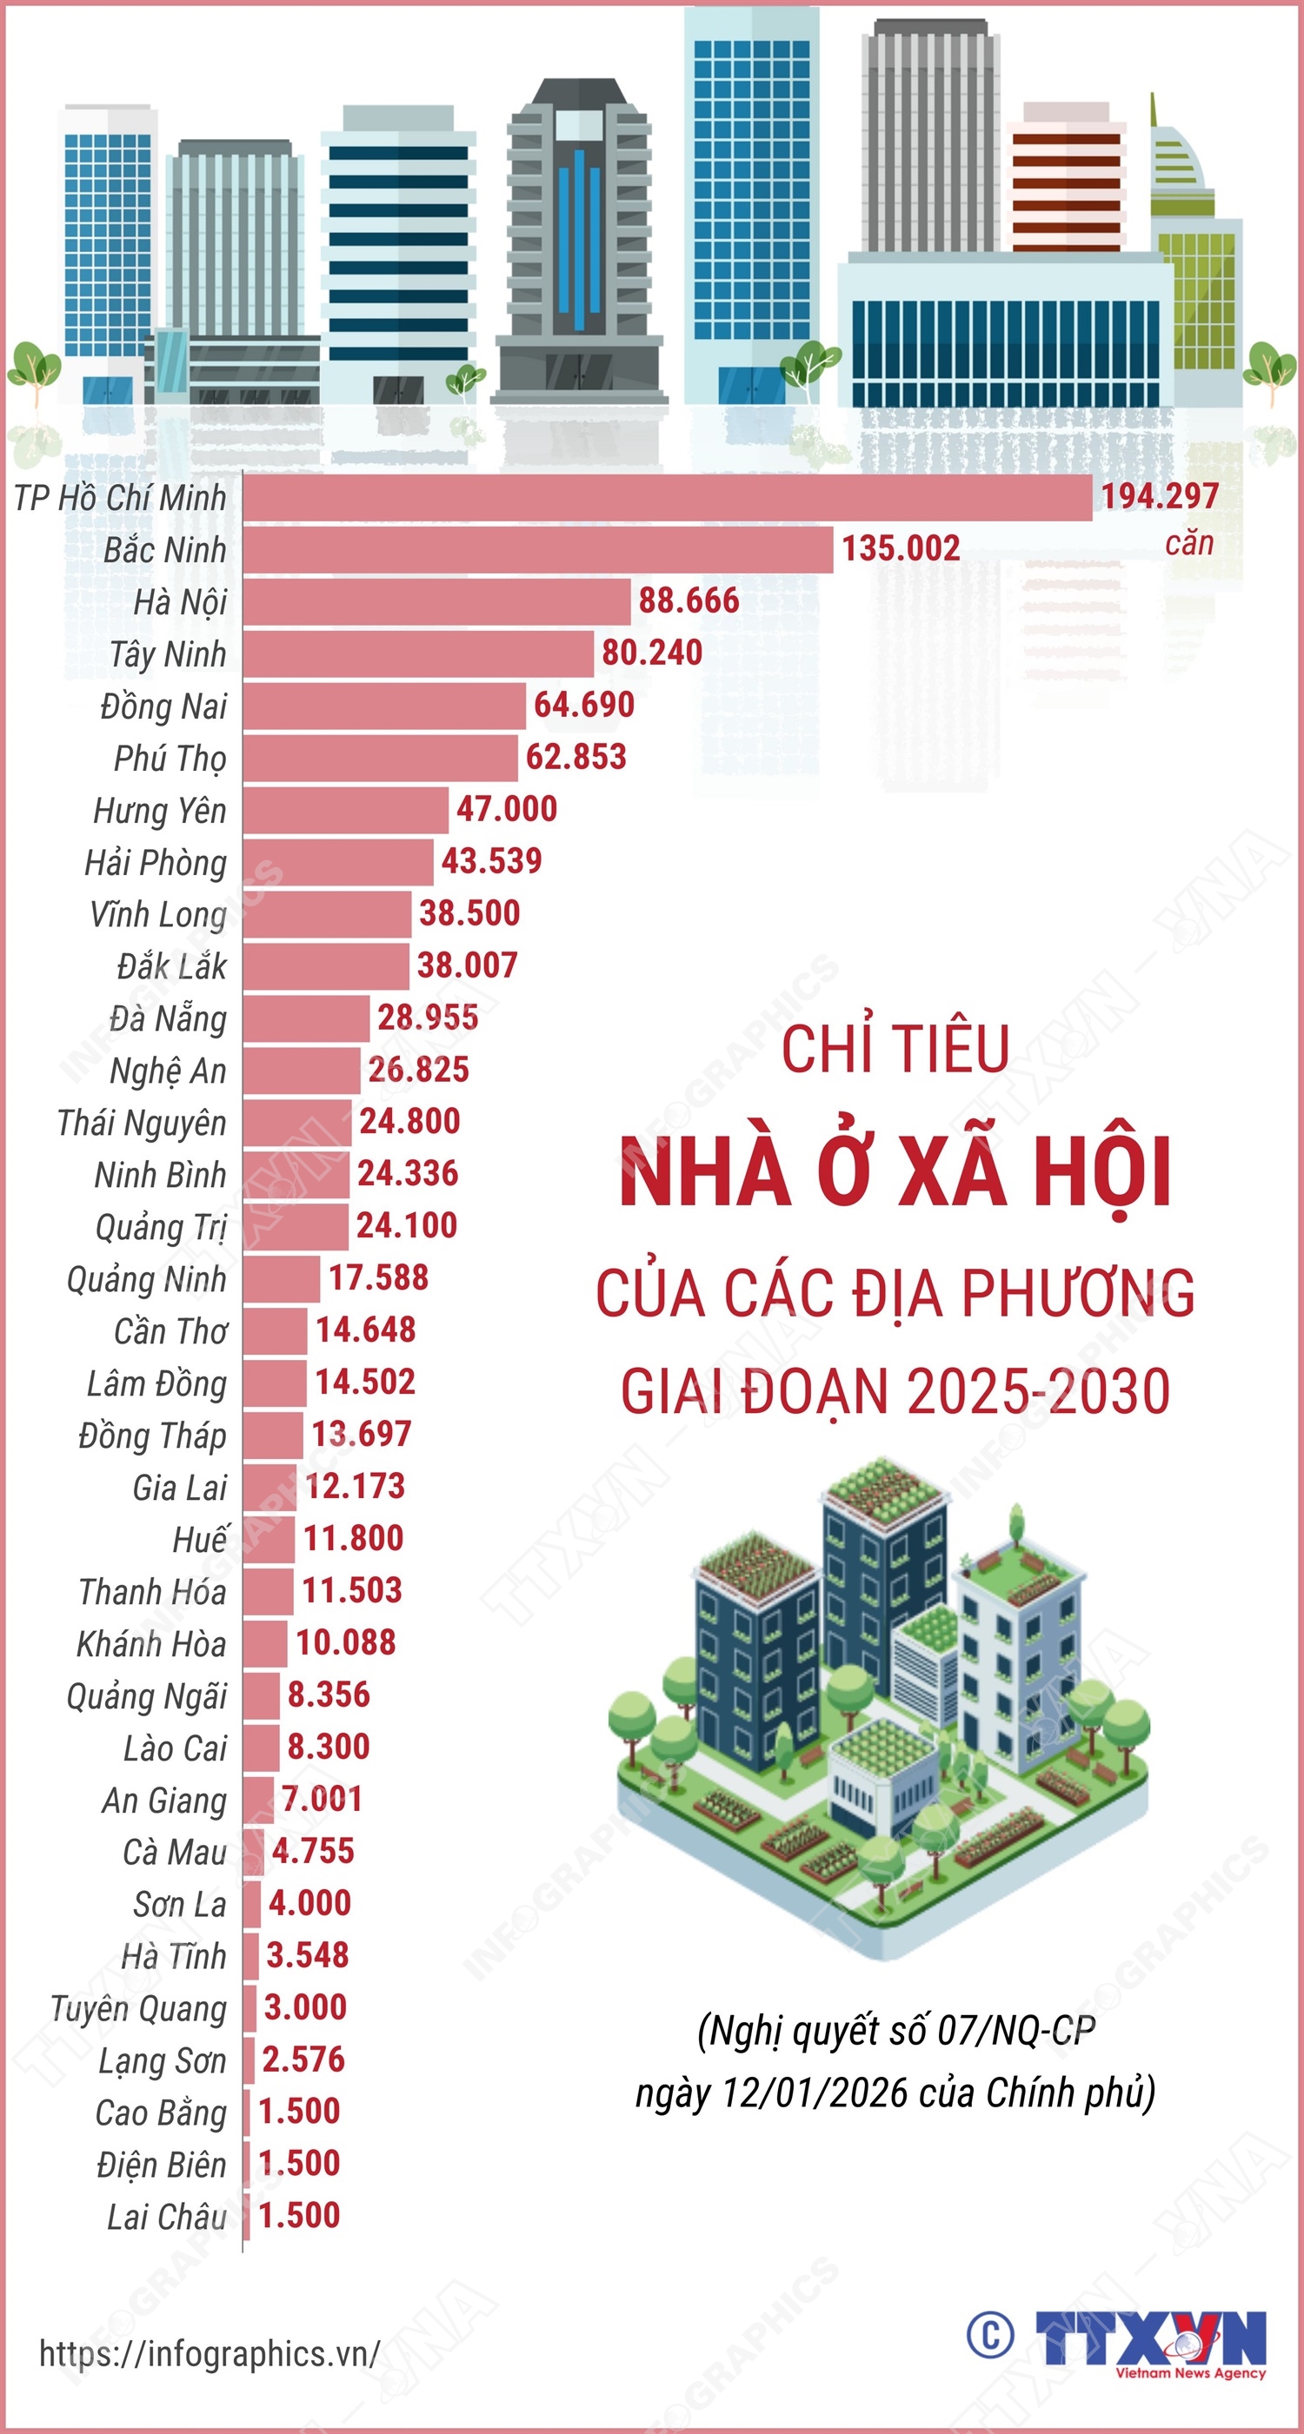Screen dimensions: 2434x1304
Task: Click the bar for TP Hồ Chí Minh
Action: [666, 497]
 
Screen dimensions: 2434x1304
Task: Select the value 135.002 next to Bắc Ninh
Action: [901, 549]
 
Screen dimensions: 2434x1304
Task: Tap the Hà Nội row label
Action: [180, 602]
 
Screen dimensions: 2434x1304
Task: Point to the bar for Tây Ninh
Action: [417, 653]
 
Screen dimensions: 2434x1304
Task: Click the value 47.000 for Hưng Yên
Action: [507, 809]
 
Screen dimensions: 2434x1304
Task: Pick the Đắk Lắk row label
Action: [171, 966]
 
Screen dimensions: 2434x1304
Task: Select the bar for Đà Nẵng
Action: [306, 1018]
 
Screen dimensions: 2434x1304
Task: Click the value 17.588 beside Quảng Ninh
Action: [378, 1278]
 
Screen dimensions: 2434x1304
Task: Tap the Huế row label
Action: [199, 1539]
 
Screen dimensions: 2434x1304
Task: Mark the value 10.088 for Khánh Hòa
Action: [346, 1642]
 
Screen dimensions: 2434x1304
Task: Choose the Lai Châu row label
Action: [166, 2217]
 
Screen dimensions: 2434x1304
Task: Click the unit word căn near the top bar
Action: [1188, 544]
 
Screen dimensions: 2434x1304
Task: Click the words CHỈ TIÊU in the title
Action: [895, 1049]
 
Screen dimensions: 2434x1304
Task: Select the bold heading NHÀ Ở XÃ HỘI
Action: [895, 1172]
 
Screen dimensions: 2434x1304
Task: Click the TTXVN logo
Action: [1150, 2339]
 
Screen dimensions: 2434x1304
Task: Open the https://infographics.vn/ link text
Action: [210, 2352]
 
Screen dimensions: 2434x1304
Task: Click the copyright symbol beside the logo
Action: [990, 2336]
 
